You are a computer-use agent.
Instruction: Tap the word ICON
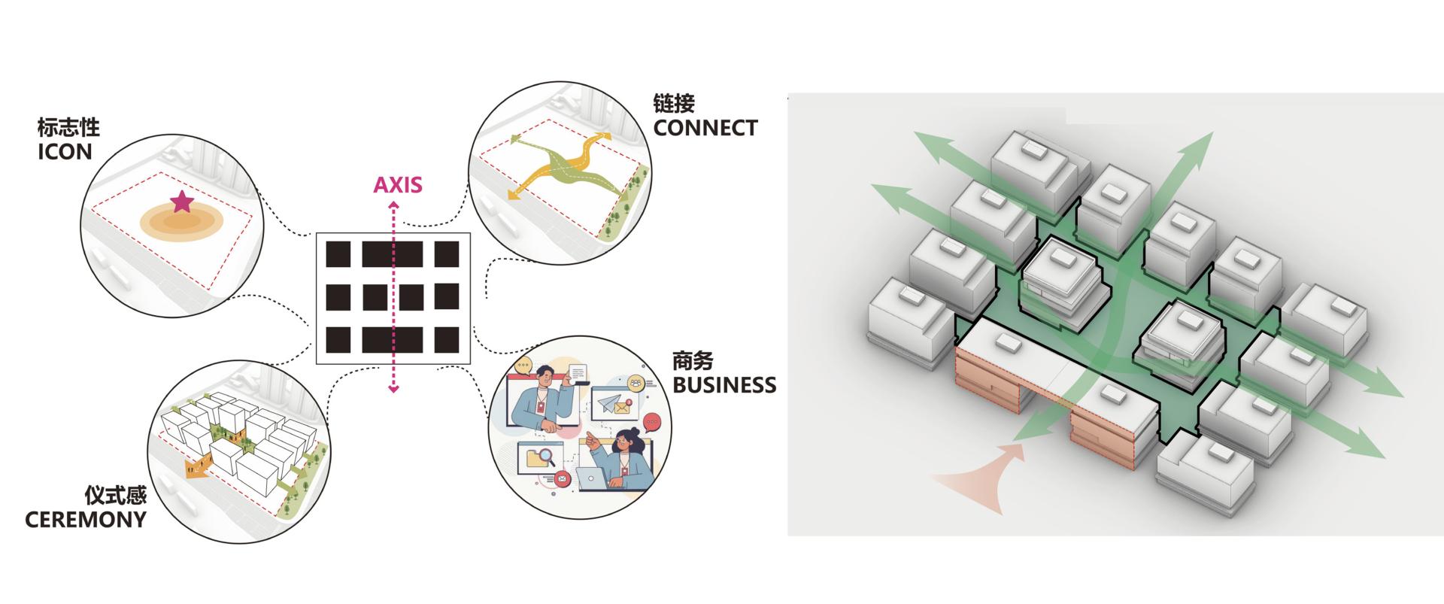tap(65, 152)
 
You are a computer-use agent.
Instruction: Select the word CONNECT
tap(705, 128)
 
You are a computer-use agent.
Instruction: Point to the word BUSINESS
tap(724, 385)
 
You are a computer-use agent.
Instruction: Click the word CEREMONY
tap(86, 520)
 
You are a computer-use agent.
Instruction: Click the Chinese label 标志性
tap(68, 126)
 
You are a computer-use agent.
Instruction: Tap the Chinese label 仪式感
tap(115, 495)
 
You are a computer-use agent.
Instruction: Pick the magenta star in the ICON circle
tap(181, 202)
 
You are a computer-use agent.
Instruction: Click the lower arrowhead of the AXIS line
tap(393, 388)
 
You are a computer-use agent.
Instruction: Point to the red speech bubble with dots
tap(652, 423)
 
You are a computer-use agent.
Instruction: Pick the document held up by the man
tap(577, 372)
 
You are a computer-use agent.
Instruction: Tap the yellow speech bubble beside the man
tap(523, 367)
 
